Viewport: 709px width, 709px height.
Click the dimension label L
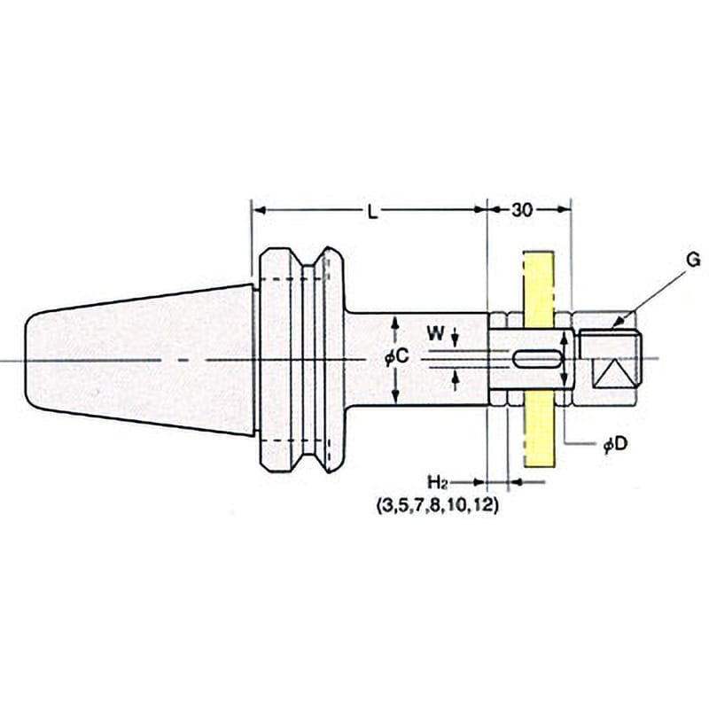[x=372, y=212]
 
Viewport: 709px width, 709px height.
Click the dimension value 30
[x=522, y=210]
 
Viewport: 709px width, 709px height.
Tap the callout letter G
[x=692, y=260]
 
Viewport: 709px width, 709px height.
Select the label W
[x=436, y=334]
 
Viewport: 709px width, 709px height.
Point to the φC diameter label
[x=396, y=357]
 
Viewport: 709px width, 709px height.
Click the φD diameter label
[x=616, y=445]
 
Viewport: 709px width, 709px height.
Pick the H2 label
[x=437, y=482]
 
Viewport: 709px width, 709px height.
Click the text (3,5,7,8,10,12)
[x=437, y=505]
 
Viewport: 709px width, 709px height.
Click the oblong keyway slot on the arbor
[x=537, y=360]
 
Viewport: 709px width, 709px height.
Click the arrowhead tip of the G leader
[x=612, y=328]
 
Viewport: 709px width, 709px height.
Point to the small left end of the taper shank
[x=28, y=360]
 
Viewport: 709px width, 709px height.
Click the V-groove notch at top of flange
[x=315, y=258]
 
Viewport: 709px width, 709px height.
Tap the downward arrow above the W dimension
[x=456, y=336]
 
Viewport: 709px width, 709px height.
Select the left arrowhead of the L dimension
[x=258, y=210]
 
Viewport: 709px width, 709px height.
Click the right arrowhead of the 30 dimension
[x=565, y=209]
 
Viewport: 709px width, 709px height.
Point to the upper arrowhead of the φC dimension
[x=395, y=323]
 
